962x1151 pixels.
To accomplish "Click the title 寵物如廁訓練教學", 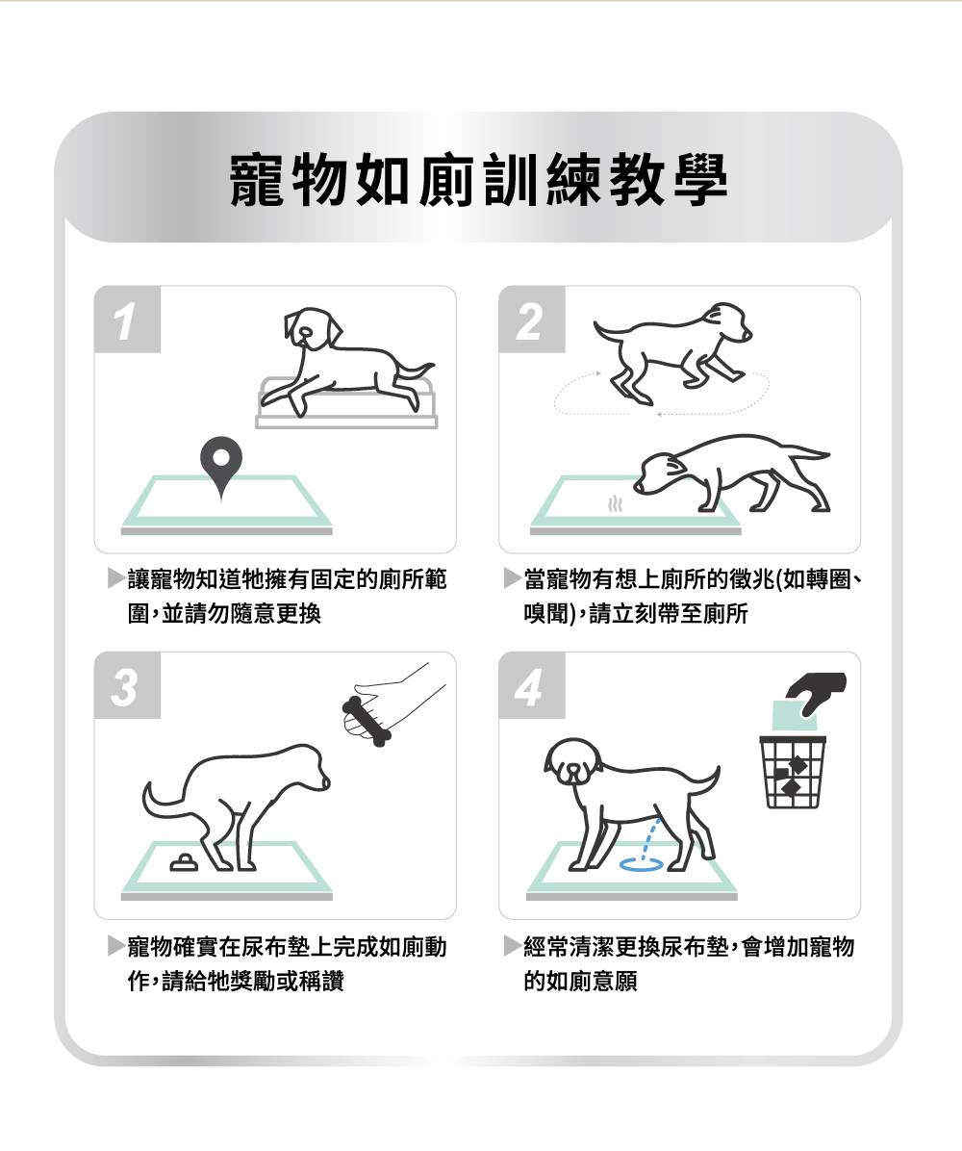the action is pos(478,180).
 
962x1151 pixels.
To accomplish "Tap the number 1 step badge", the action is pos(128,320).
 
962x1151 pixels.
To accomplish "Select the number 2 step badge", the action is pos(532,320).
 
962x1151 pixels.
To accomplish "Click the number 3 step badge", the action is pos(128,685).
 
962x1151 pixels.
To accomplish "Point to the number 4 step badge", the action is pos(532,685).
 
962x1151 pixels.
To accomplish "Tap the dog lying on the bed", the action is pos(346,360).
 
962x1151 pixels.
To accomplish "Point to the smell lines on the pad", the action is pos(615,504).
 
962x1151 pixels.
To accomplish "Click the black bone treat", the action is pos(365,722).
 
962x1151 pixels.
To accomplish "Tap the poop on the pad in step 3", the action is pos(184,862).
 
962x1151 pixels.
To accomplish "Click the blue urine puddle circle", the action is pos(642,864).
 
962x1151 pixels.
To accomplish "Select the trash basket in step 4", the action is pos(793,772).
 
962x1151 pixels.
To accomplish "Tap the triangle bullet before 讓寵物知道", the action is pos(116,578).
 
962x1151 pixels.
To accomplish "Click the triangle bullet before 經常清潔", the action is pos(513,945).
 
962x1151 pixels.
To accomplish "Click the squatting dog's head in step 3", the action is pos(306,768).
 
